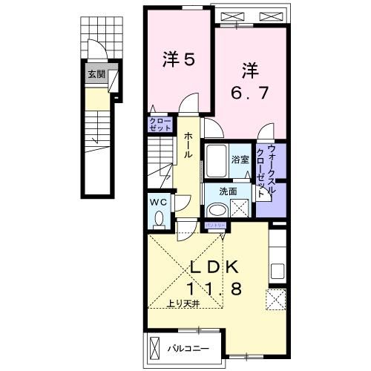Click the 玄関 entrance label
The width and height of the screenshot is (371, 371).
click(x=96, y=74)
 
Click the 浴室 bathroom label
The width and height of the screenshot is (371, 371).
click(x=240, y=160)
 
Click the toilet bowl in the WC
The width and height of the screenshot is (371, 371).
click(x=160, y=218)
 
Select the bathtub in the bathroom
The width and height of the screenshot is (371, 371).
click(x=217, y=160)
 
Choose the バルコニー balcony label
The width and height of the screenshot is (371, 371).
click(x=192, y=347)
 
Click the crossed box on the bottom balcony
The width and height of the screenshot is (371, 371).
click(x=155, y=347)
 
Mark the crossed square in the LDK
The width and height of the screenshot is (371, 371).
click(x=275, y=300)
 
